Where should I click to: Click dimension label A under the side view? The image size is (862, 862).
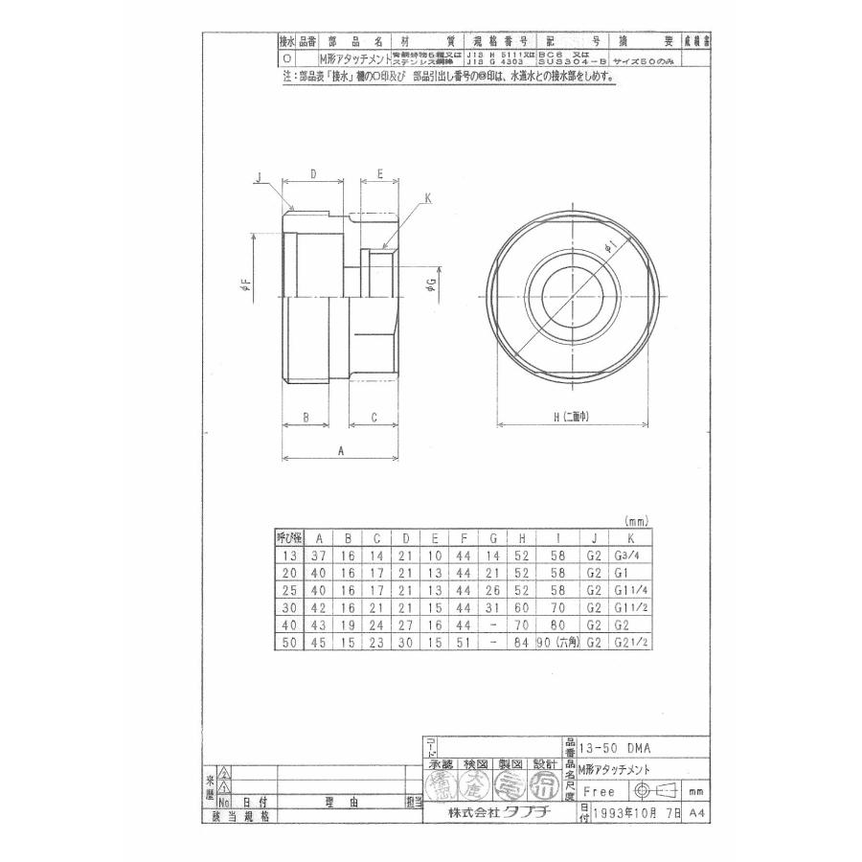tap(341, 448)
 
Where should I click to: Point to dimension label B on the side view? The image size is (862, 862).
tap(304, 418)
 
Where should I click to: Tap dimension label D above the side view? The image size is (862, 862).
tap(314, 174)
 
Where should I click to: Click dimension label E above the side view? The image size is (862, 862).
tap(379, 174)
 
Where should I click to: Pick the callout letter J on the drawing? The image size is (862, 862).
tap(259, 177)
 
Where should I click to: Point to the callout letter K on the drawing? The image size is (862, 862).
tap(428, 199)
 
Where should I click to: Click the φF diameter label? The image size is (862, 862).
tap(246, 284)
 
